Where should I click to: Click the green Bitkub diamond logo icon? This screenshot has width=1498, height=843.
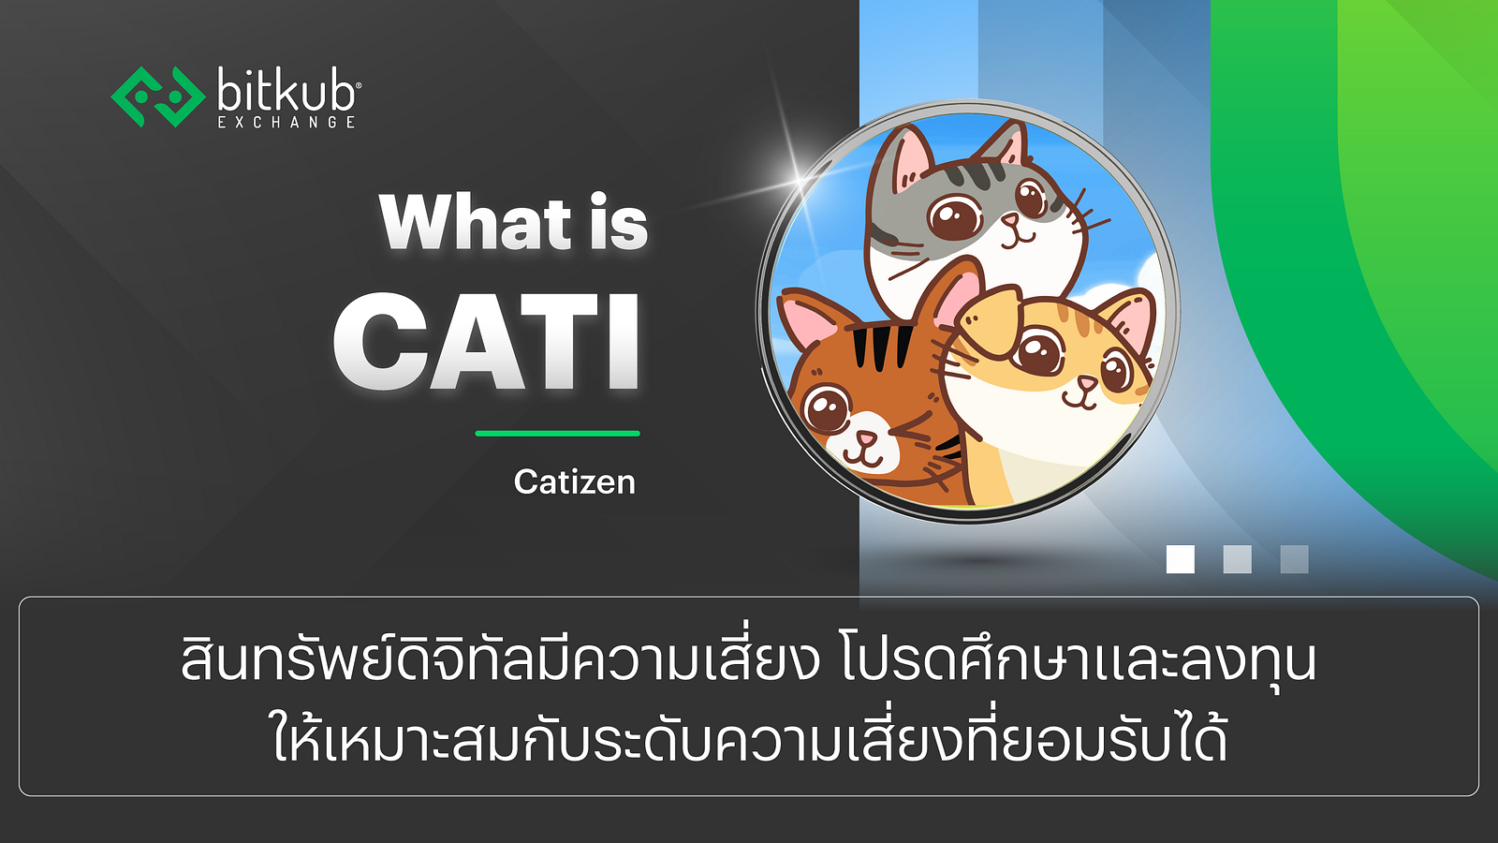pos(158,96)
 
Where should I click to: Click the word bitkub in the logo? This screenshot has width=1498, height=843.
pos(286,93)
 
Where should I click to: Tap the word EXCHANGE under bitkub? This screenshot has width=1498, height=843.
pos(286,122)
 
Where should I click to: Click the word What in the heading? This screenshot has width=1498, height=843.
pos(476,222)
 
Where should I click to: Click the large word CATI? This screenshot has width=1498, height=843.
pos(487,341)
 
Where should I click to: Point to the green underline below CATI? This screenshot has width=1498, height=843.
pos(558,434)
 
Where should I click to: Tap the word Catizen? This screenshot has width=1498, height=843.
pos(575,481)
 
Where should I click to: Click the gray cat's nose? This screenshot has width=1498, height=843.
pos(1010,220)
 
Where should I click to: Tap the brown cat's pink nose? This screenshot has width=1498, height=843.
pos(866,439)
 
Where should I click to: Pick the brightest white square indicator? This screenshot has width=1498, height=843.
pos(1181,559)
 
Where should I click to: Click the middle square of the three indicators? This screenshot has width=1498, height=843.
pos(1237,559)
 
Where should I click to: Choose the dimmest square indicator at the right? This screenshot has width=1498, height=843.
pos(1294,559)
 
